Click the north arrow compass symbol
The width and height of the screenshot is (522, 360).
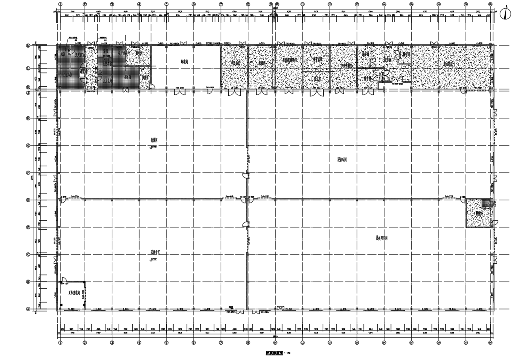coord(505,13)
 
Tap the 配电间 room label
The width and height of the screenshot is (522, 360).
coord(184,61)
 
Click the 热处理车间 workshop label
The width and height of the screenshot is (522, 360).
coord(381,238)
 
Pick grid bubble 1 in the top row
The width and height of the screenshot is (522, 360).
coord(60,4)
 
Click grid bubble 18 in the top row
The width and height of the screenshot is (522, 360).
coord(490,4)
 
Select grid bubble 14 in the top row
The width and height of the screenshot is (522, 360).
coord(384,4)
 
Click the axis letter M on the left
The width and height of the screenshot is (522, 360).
coord(29,45)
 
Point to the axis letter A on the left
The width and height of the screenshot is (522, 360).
coord(29,309)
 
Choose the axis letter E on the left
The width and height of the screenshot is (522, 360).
coord(29,200)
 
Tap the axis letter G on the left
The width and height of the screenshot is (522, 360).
coord(29,146)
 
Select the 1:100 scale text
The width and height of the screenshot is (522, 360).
coord(287,353)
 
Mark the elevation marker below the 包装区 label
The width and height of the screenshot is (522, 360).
coord(153,147)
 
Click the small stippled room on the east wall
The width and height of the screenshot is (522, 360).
coord(479,213)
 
